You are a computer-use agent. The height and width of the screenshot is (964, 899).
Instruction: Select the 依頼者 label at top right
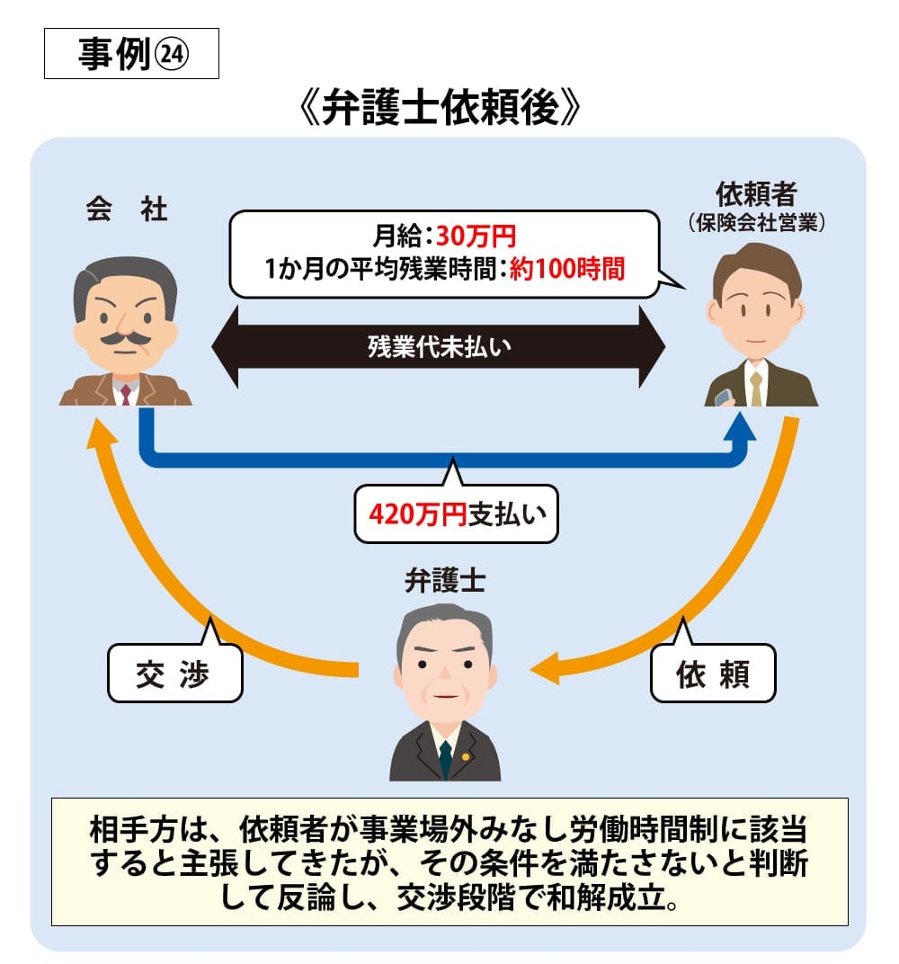point(757,194)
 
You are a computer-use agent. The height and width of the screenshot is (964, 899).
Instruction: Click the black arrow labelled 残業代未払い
point(438,347)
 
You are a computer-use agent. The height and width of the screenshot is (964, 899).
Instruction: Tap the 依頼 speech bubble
point(712,674)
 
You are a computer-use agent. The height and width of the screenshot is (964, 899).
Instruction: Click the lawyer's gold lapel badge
point(466,755)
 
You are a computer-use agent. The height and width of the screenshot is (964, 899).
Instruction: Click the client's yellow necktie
point(756,388)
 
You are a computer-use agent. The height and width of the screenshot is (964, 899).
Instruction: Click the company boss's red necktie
point(126,393)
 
